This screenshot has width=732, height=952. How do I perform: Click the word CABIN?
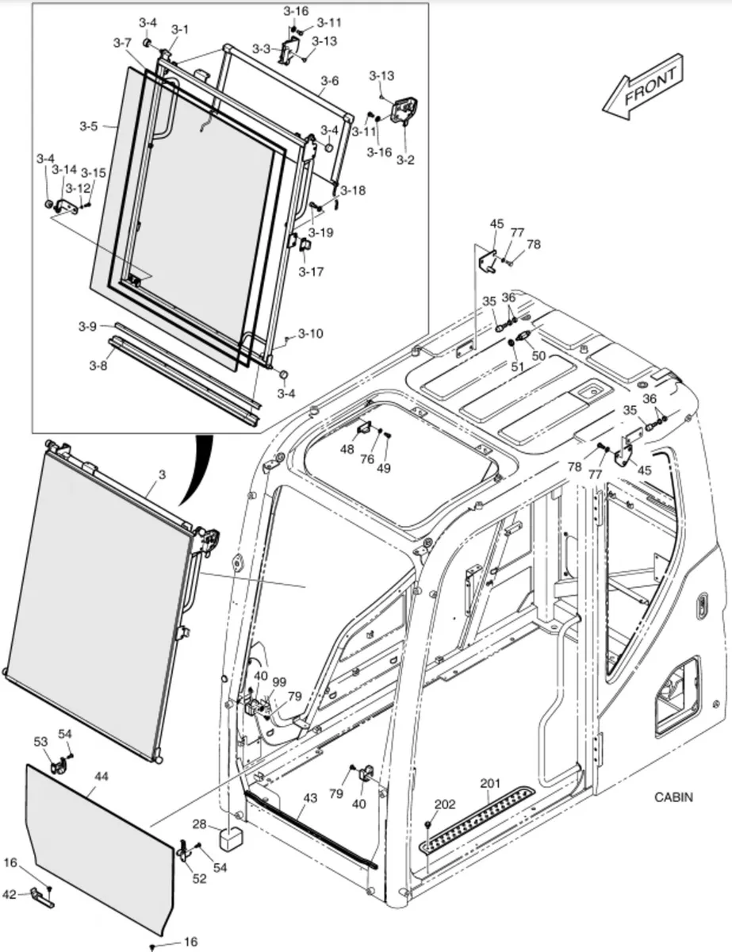pos(674,797)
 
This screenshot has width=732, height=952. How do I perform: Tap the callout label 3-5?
pos(88,126)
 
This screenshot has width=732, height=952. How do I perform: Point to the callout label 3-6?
pos(329,81)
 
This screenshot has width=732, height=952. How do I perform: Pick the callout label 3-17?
pos(311,271)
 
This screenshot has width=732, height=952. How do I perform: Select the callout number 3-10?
pos(311,333)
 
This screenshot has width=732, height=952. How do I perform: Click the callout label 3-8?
pos(98,365)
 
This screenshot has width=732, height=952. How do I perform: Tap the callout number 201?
pos(490,784)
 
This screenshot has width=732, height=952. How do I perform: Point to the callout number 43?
pos(309,797)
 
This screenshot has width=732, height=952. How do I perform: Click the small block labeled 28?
pos(231,835)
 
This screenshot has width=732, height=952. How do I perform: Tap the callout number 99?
pos(278,681)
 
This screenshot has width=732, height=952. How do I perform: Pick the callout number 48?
pos(347,449)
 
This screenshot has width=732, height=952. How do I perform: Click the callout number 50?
pos(538,356)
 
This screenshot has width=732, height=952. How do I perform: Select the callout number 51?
pos(517,367)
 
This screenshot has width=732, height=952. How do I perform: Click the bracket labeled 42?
pos(42,896)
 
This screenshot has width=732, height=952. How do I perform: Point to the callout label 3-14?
pos(65,170)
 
